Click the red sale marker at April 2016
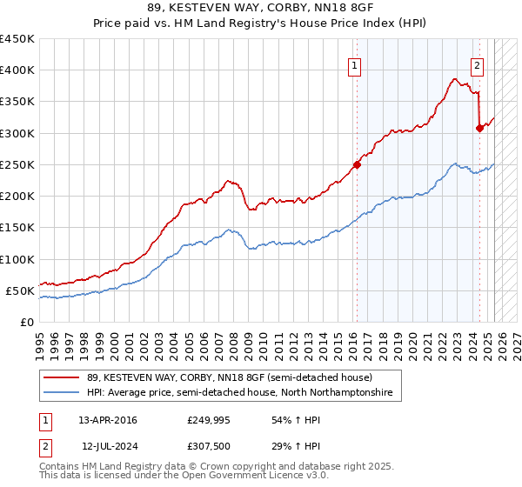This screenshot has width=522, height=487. coord(357,164)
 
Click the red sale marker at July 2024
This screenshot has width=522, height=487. coord(479,128)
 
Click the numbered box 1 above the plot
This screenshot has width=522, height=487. coord(356,63)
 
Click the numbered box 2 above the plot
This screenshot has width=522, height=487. coord(478,63)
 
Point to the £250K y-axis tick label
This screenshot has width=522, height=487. coord(17,164)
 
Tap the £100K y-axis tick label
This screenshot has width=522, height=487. coord(17,259)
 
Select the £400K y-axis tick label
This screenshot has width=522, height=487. coord(17,70)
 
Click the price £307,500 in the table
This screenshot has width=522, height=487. coord(208,445)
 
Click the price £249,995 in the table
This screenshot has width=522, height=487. coord(209,420)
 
